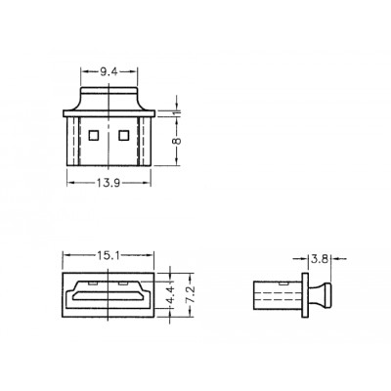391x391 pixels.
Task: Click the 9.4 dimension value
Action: point(109,72)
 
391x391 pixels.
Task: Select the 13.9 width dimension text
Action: point(109,184)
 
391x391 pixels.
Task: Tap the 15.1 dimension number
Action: point(109,255)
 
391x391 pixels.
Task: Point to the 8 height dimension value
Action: point(176,141)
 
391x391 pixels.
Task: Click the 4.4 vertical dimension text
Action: point(170,295)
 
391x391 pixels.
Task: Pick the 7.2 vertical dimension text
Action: point(191,294)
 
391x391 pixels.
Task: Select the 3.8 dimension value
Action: point(320,259)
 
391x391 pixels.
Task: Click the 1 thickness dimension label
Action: point(176,112)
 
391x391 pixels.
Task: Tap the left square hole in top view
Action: point(94,135)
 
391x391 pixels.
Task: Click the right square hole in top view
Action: point(124,135)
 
